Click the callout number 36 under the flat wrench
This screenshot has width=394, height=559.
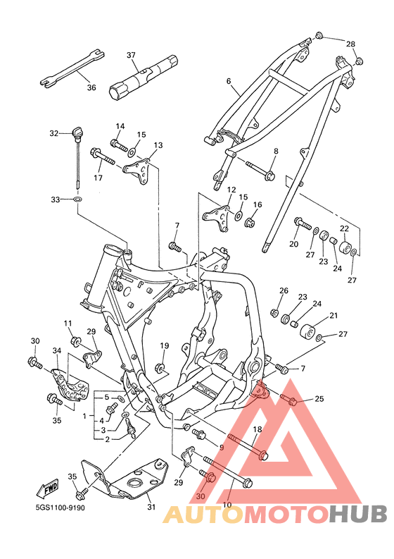point(91,87)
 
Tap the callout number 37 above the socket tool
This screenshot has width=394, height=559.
point(131,55)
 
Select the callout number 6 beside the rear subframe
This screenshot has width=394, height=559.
point(229,81)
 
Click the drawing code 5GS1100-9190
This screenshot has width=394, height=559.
point(60,508)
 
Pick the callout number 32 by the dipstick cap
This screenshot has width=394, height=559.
point(53,133)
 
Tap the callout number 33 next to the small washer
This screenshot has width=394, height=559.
point(55,199)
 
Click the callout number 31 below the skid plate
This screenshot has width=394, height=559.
point(151,507)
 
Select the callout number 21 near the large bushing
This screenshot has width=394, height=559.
point(333,316)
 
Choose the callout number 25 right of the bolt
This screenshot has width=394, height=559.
point(319,398)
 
